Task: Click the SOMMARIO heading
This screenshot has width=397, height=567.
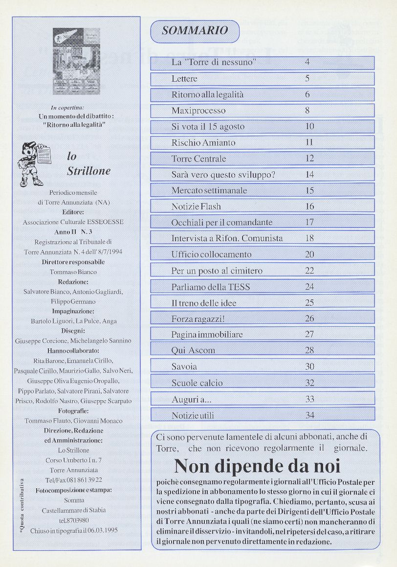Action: click(195, 31)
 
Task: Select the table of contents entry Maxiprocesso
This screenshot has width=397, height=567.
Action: click(198, 111)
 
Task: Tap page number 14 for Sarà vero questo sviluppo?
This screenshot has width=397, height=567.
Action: click(309, 174)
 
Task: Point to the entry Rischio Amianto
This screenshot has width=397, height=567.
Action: click(203, 143)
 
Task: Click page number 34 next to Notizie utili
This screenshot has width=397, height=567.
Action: click(309, 415)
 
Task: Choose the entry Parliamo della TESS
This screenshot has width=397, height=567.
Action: click(211, 287)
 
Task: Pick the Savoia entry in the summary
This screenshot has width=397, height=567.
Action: click(184, 366)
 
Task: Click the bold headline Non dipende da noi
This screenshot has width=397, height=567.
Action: click(257, 465)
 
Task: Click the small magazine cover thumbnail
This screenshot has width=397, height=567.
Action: click(76, 61)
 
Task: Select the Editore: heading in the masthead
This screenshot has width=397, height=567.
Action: click(73, 212)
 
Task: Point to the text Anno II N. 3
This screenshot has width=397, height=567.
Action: click(73, 232)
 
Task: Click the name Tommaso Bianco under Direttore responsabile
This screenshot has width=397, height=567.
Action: click(73, 272)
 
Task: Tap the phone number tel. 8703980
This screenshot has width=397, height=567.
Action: click(73, 520)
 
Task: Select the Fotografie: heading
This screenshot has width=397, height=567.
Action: click(73, 411)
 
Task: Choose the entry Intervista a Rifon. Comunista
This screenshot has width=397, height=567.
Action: click(227, 239)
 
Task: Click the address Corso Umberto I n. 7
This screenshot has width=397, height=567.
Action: click(73, 460)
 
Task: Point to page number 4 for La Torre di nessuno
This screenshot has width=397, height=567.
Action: click(307, 62)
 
